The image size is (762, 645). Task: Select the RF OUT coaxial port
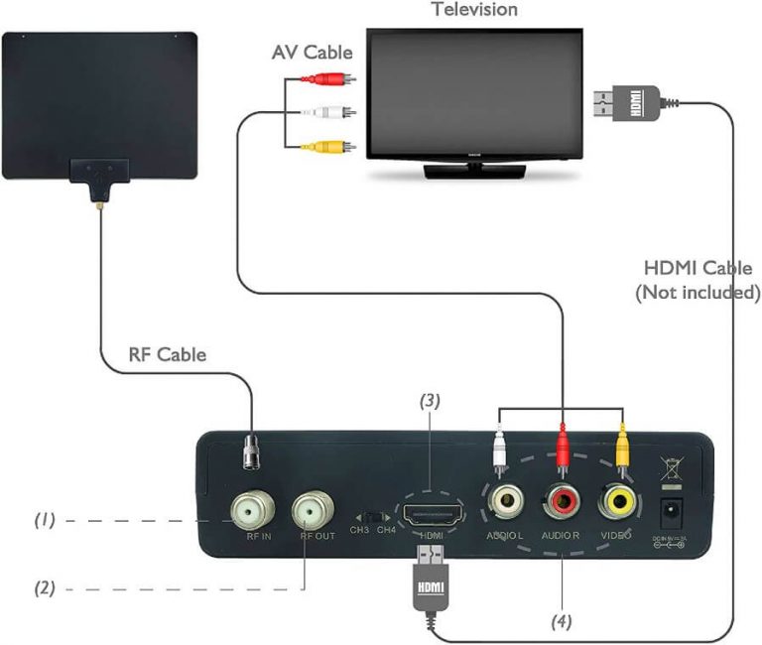314,510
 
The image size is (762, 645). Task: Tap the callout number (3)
429,401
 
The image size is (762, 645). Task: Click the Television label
473,10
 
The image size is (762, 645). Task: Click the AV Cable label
313,53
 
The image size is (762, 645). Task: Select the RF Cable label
167,354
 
